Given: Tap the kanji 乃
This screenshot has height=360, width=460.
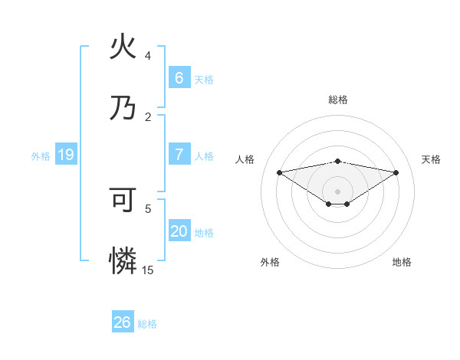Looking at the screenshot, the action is (x=123, y=107).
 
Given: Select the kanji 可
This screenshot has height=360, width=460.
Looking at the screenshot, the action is (x=123, y=200).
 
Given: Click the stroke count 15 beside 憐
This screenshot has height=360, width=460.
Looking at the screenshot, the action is (x=148, y=270).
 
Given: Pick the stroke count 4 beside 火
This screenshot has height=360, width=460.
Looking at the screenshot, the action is (x=148, y=56).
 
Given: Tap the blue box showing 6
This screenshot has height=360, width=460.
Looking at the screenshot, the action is (x=179, y=77).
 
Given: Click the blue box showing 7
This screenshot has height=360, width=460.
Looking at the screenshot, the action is (x=179, y=154).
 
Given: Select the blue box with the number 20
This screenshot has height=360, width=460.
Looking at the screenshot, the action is (x=179, y=231).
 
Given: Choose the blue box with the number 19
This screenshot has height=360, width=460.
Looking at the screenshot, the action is (x=66, y=155).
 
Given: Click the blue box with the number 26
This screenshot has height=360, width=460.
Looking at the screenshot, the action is (x=123, y=322).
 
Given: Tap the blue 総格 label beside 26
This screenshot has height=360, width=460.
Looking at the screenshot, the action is (x=147, y=324).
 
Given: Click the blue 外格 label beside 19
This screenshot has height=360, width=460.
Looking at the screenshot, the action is (x=41, y=155).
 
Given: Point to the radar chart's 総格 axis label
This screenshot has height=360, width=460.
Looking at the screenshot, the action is (x=337, y=100).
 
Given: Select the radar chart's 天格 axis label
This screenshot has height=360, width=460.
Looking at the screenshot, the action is (x=431, y=159).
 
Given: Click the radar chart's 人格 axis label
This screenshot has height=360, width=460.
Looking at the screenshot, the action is (x=245, y=159).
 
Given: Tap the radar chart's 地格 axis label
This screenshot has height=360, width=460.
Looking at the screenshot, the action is (x=402, y=262).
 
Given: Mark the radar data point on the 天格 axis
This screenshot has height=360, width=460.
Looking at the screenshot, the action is (x=396, y=172).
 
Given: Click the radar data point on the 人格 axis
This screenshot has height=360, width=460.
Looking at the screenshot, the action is (x=279, y=172).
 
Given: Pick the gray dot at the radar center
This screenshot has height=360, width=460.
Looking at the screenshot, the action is (x=337, y=191).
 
